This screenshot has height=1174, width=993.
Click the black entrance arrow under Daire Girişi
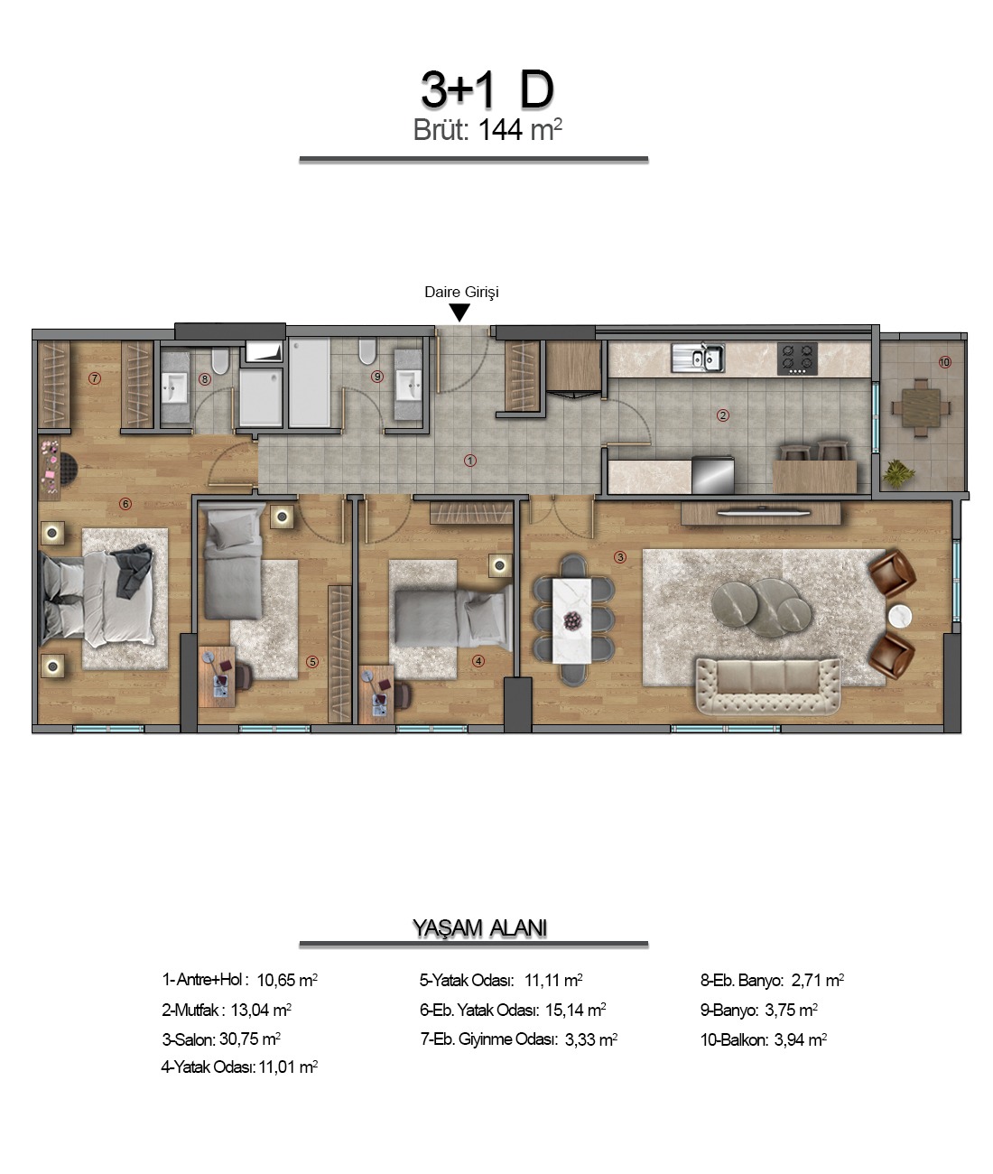tap(459, 312)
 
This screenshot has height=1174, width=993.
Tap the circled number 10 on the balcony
tap(944, 362)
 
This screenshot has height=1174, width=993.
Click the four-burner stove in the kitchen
tap(798, 359)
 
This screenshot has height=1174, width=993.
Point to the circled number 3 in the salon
tap(620, 557)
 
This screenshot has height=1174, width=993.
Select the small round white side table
tap(900, 617)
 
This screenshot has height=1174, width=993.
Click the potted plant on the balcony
tap(899, 473)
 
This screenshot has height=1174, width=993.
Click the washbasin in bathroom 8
tap(175, 389)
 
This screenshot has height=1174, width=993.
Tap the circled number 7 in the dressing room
tap(95, 378)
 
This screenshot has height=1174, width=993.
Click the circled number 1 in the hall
tap(469, 461)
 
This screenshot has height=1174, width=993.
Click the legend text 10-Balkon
tap(734, 1039)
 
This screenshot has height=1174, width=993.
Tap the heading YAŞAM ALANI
tap(479, 927)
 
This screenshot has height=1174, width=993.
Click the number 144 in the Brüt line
tap(500, 131)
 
